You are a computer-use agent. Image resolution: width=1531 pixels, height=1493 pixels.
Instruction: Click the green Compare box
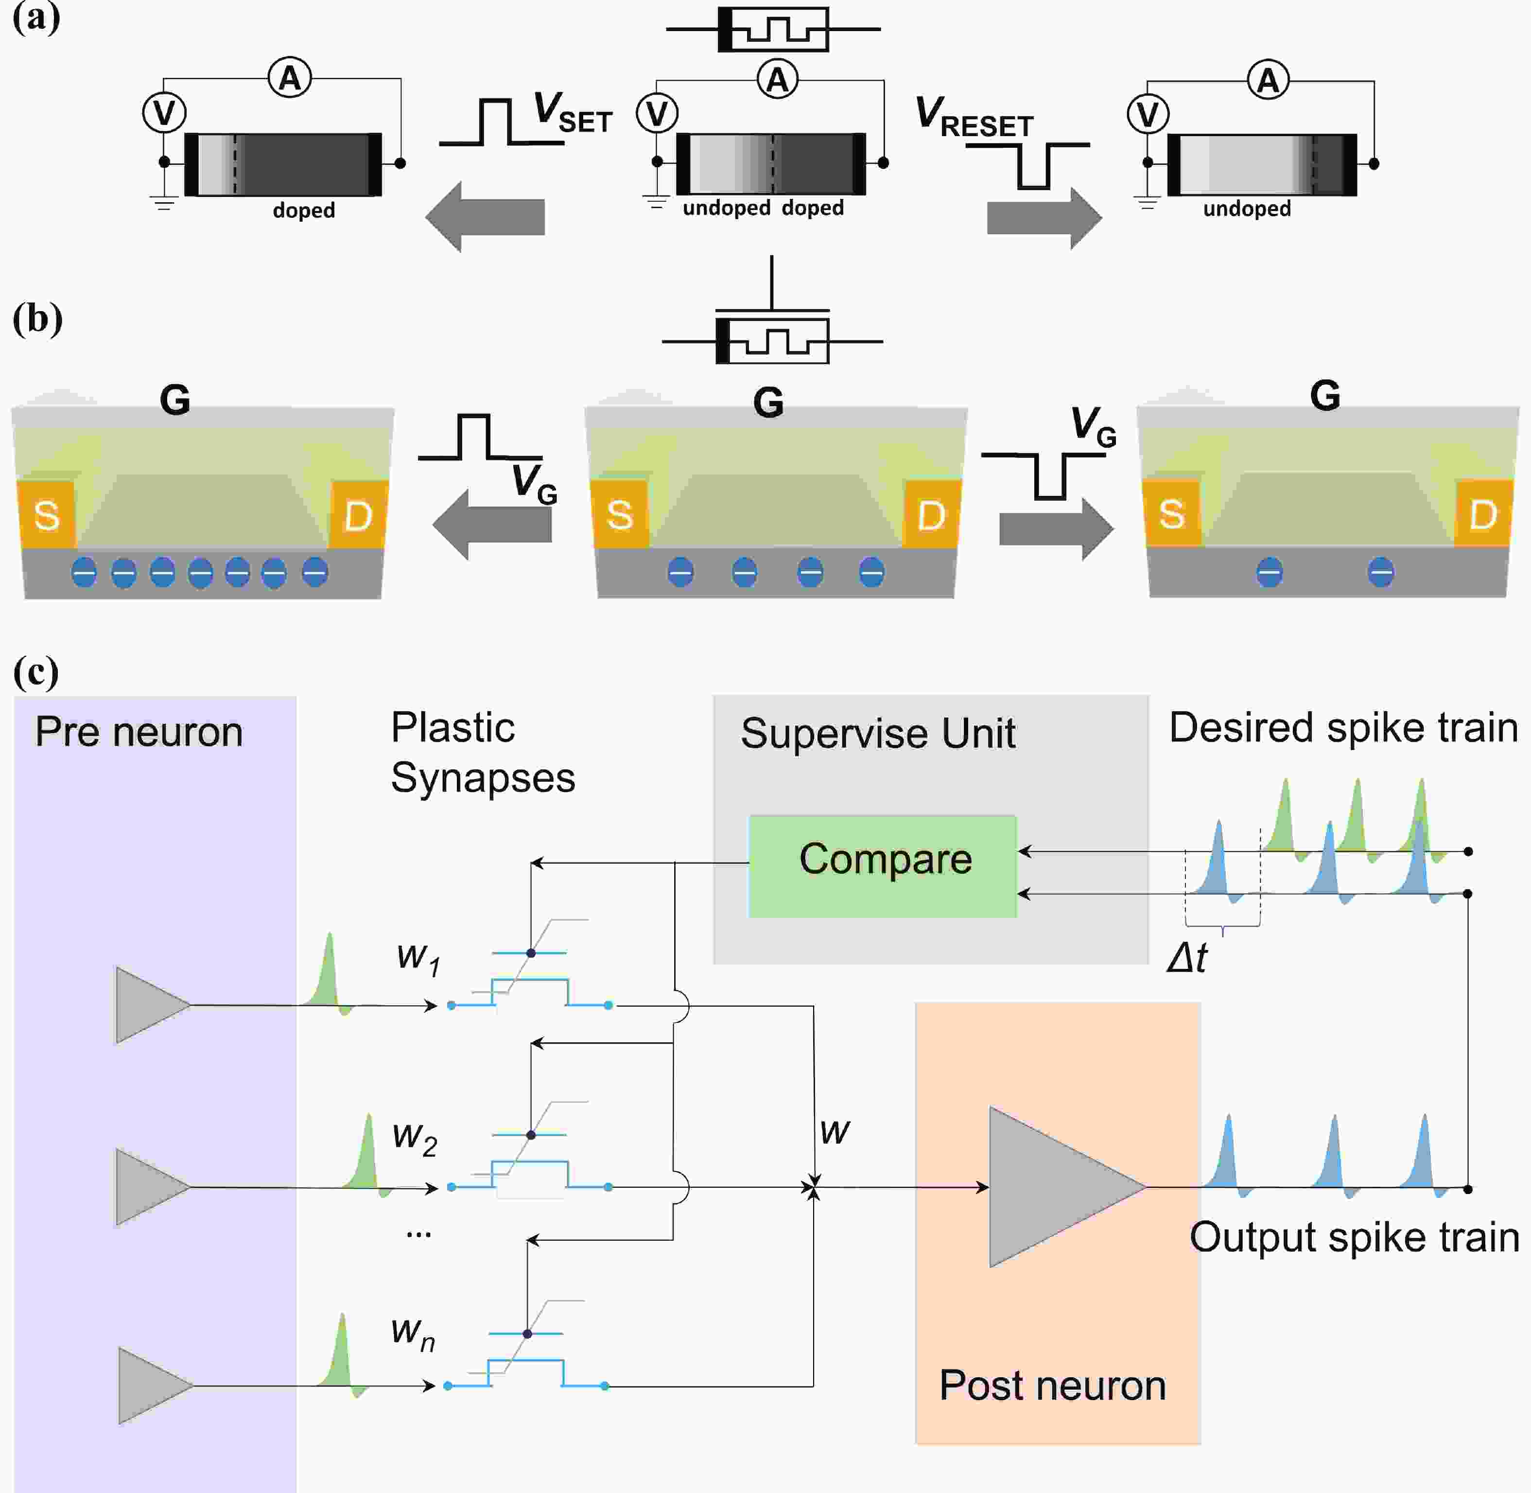pyautogui.click(x=883, y=866)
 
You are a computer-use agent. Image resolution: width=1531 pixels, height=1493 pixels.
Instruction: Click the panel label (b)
pyautogui.click(x=37, y=319)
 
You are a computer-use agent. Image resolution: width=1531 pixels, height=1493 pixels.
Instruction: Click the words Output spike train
pyautogui.click(x=1354, y=1237)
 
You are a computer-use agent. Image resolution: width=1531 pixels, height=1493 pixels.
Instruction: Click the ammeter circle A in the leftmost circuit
pyautogui.click(x=290, y=78)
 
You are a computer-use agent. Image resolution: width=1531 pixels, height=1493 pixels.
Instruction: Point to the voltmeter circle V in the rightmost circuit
pyautogui.click(x=1148, y=114)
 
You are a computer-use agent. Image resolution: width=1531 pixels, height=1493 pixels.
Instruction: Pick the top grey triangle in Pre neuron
pyautogui.click(x=149, y=1005)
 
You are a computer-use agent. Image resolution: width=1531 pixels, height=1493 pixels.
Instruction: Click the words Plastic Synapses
pyautogui.click(x=482, y=753)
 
